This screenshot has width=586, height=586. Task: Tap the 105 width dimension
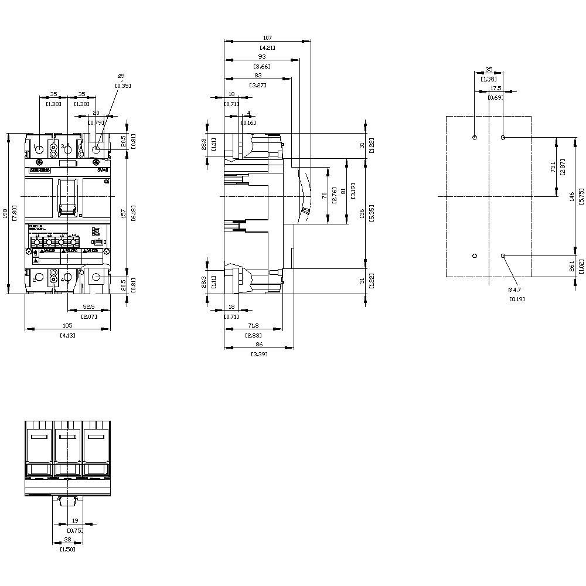pyautogui.click(x=67, y=325)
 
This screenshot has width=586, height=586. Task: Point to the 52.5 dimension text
pyautogui.click(x=89, y=306)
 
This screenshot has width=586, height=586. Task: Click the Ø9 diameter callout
pyautogui.click(x=121, y=76)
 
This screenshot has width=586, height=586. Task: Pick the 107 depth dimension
pyautogui.click(x=267, y=38)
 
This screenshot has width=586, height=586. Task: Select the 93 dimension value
pyautogui.click(x=261, y=57)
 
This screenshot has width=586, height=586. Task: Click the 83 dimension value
pyautogui.click(x=258, y=76)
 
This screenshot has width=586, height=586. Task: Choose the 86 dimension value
pyautogui.click(x=258, y=345)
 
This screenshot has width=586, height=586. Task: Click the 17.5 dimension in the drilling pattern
pyautogui.click(x=496, y=88)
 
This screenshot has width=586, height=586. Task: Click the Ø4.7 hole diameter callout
pyautogui.click(x=515, y=289)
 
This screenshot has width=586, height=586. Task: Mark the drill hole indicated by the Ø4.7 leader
pyautogui.click(x=503, y=256)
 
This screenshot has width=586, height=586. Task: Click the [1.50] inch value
pyautogui.click(x=67, y=549)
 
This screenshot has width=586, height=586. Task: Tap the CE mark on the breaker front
pyautogui.click(x=106, y=182)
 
